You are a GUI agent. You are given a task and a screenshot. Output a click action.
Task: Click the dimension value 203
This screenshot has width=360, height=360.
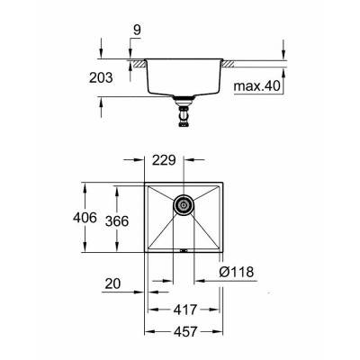coord(102,79)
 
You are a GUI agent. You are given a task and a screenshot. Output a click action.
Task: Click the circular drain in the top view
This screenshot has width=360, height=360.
coord(184,204)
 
